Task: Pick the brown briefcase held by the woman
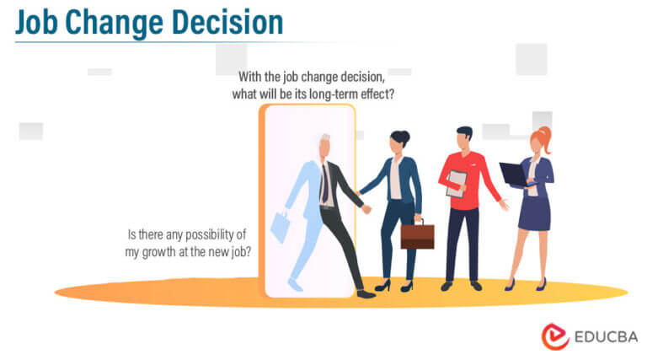[417, 235]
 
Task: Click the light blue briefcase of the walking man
[281, 226]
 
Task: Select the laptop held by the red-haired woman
[512, 174]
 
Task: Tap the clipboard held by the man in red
[457, 182]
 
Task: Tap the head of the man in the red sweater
[464, 138]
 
